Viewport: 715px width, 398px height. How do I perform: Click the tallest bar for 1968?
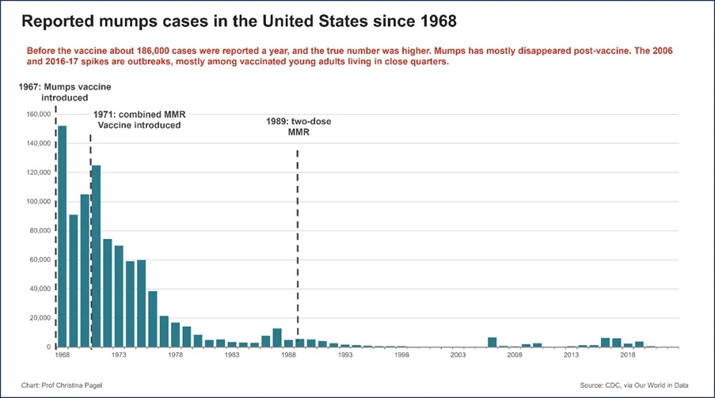pos(62,236)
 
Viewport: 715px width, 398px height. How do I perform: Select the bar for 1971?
pos(97,256)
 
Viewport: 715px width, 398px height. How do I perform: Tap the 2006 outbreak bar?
pos(492,343)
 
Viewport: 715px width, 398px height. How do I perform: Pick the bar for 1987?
pos(277,338)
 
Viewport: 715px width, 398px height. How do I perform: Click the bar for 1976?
pos(153,319)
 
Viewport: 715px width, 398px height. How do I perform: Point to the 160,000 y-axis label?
pos(38,115)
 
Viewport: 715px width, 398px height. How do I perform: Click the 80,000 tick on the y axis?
pos(40,231)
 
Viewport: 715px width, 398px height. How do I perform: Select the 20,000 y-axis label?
pos(40,318)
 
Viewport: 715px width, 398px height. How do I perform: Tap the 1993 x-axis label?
pos(345,354)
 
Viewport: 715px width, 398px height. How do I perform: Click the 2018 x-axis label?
pos(628,354)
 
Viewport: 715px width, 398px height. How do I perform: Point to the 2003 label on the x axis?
pos(458,354)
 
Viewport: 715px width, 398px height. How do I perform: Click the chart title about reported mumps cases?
pos(239,21)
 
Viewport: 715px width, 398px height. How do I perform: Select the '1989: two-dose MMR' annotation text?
pos(299,127)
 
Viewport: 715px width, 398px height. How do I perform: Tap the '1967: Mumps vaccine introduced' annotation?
pos(65,92)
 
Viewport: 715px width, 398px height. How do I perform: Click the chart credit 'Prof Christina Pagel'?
pos(62,385)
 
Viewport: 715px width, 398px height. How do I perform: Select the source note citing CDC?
pos(634,385)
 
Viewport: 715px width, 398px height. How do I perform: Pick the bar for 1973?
pos(119,297)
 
